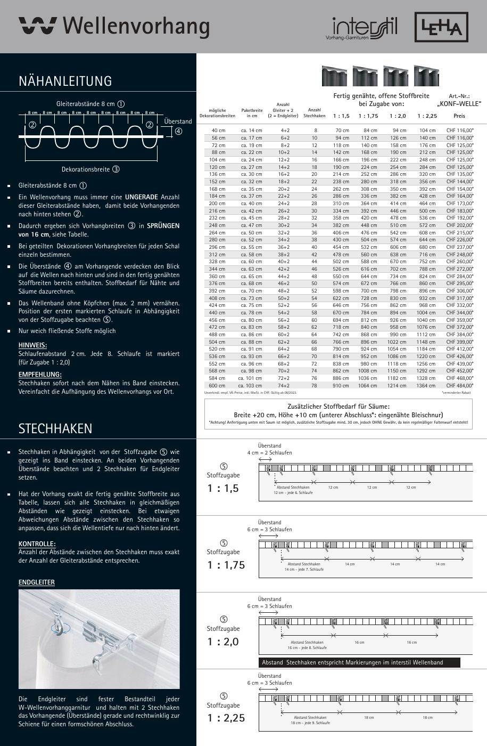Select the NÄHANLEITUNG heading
click(x=65, y=81)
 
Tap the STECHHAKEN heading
click(x=55, y=429)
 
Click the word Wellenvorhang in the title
click(x=136, y=26)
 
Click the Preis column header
click(x=459, y=116)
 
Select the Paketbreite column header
click(x=252, y=113)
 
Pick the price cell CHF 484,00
click(x=459, y=386)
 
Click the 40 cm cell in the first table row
click(x=218, y=131)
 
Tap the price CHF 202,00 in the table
click(x=459, y=225)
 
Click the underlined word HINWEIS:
click(x=32, y=345)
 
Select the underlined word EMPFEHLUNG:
click(x=40, y=375)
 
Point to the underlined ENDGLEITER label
click(x=37, y=582)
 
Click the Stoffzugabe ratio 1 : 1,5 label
click(x=223, y=488)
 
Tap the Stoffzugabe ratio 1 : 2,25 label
click(x=226, y=718)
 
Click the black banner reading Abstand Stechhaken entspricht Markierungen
click(x=359, y=662)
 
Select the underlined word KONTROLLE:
click(x=37, y=544)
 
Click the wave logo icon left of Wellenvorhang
click(x=37, y=26)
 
